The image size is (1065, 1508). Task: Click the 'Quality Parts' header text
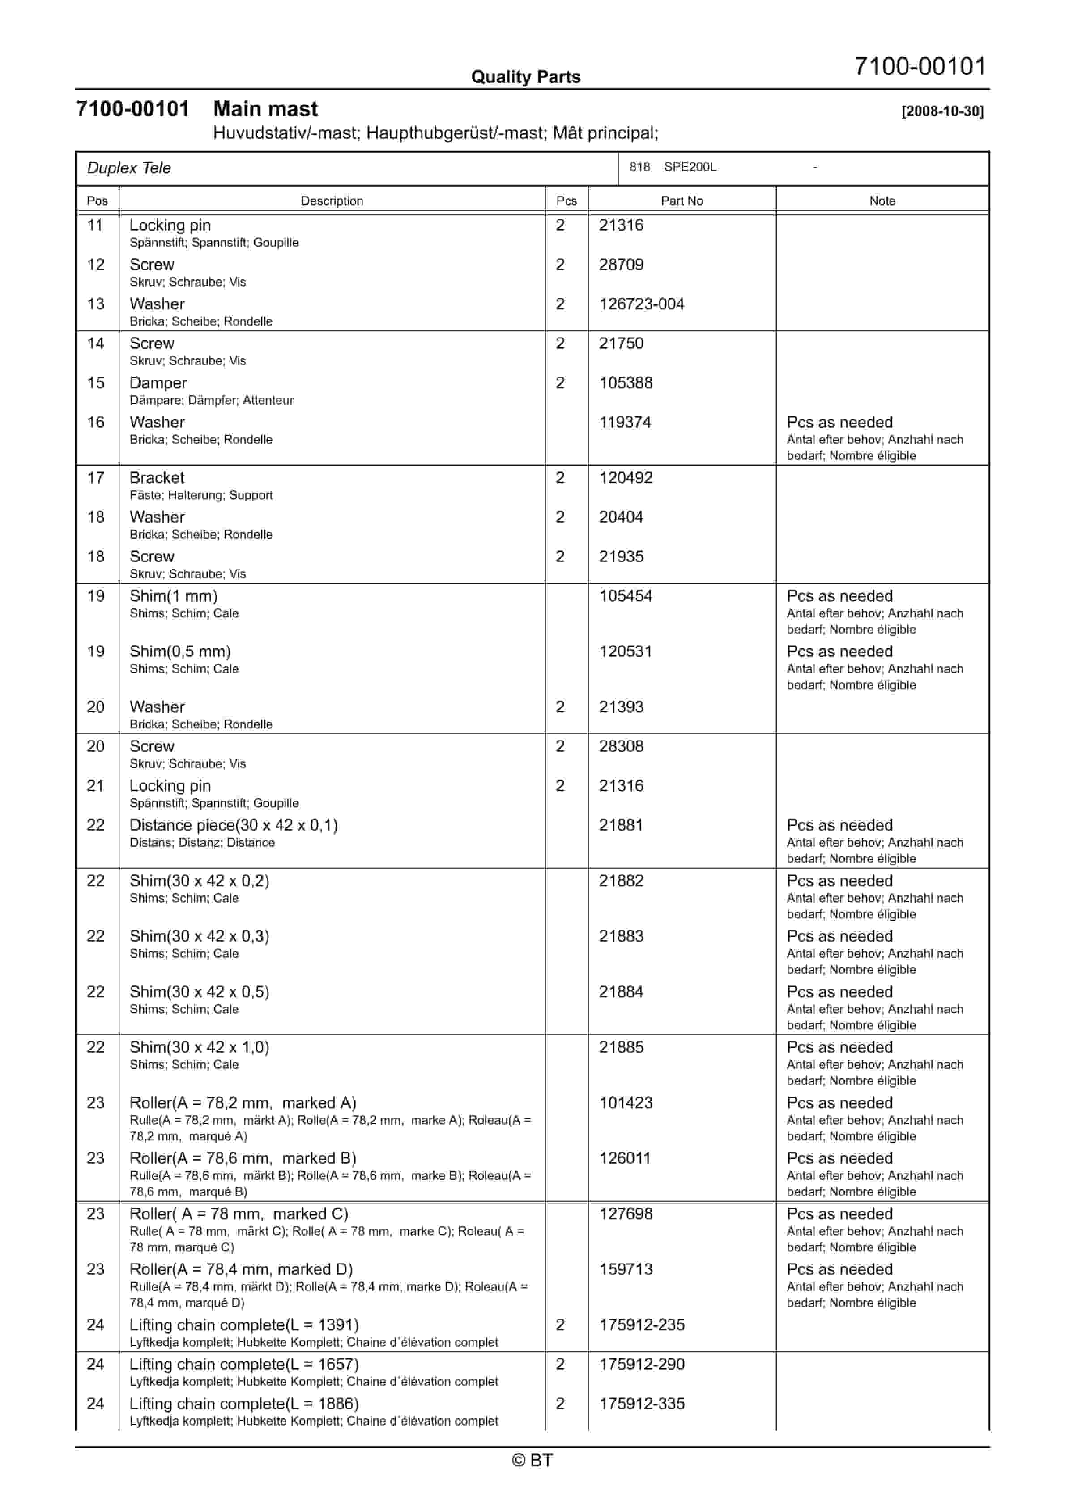tap(525, 77)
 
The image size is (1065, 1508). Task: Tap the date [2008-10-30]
tap(942, 111)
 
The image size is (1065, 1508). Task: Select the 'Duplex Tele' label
tap(129, 168)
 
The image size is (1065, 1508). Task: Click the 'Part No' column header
tap(682, 201)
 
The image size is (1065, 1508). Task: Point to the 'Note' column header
tap(882, 201)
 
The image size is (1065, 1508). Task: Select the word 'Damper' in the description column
tap(158, 383)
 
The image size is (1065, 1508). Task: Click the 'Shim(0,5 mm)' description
tap(180, 651)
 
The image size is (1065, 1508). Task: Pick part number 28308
tap(621, 747)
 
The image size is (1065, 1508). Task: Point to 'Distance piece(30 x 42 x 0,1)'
tap(233, 826)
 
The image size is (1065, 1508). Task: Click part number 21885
tap(621, 1048)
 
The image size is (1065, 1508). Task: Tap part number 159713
tap(625, 1270)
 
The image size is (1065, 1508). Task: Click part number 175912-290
tap(642, 1364)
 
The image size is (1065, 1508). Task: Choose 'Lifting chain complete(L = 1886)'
tap(243, 1404)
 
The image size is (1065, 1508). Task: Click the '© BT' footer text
tap(532, 1460)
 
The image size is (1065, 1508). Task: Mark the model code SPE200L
tap(690, 167)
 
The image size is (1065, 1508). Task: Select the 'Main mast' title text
tap(265, 109)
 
